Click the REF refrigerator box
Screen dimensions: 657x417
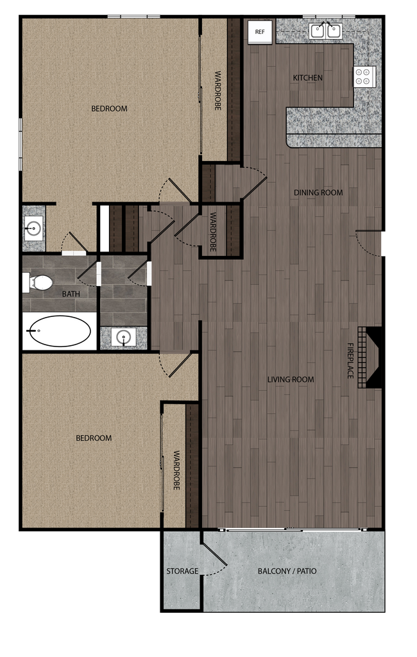(x=260, y=31)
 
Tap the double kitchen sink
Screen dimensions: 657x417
(x=325, y=30)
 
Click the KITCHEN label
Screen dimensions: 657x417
(x=308, y=78)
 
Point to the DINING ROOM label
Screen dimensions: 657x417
(x=318, y=192)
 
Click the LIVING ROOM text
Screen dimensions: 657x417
(x=291, y=379)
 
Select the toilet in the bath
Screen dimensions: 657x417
(x=40, y=282)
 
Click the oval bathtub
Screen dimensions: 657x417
(x=58, y=331)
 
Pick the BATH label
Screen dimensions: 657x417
(x=71, y=294)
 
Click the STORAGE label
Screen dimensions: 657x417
(x=182, y=571)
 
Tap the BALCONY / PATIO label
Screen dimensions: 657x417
(x=287, y=571)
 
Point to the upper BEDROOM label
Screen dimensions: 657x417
(x=109, y=108)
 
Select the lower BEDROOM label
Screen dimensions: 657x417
(x=94, y=438)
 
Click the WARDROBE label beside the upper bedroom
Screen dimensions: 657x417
(x=217, y=90)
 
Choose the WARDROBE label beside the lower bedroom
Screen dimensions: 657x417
(x=176, y=470)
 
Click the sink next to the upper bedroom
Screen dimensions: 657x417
(x=33, y=227)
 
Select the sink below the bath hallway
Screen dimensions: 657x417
(x=123, y=337)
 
